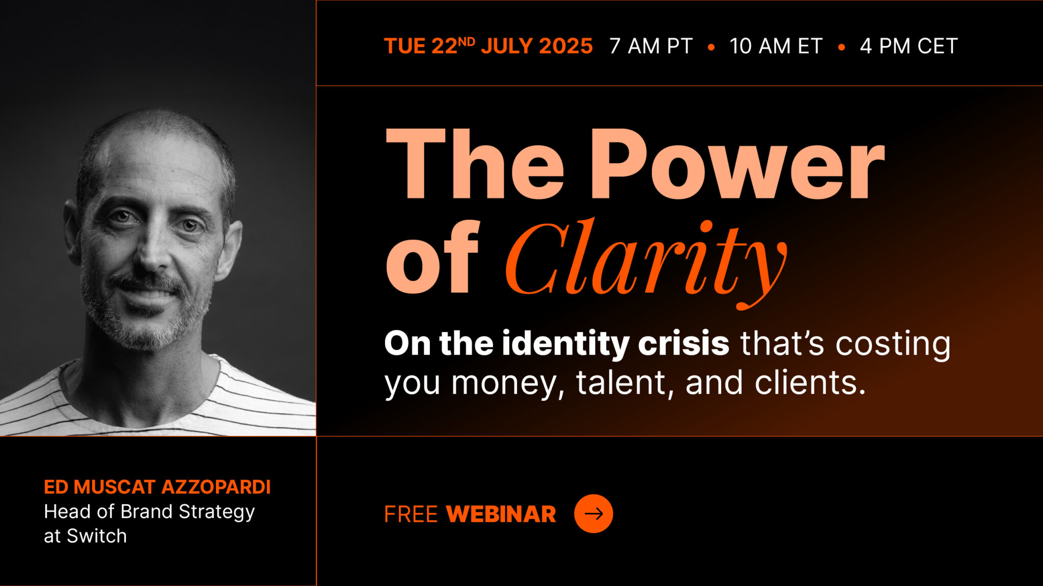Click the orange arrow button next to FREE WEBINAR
coord(593,514)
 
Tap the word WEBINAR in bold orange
coord(501,514)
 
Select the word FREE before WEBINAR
coord(410,514)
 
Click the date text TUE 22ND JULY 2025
coord(488,46)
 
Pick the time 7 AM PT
coord(651,46)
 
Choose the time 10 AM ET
coord(776,46)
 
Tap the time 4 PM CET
coord(909,46)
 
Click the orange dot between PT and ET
coord(711,47)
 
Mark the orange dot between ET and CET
coord(841,47)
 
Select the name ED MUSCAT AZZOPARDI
coord(157,487)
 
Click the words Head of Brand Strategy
coord(149,512)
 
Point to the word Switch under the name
coord(97,536)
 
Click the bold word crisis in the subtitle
coord(683,343)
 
